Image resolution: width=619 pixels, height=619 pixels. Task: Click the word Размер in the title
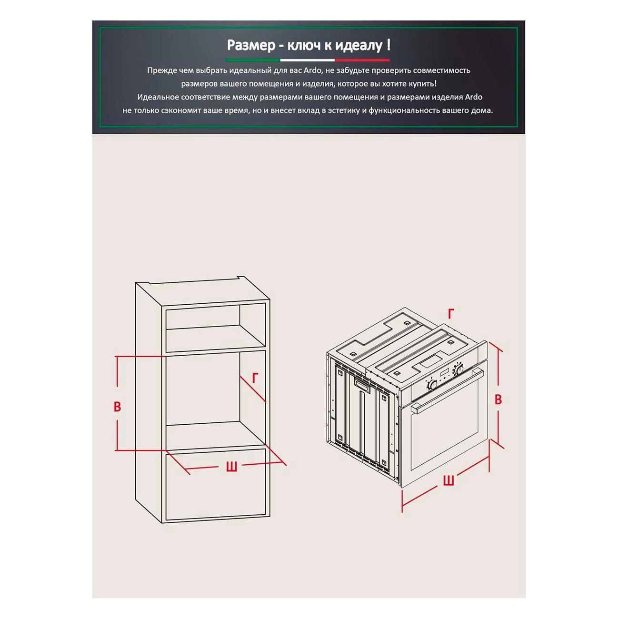click(251, 45)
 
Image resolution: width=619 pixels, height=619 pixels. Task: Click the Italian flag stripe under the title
click(307, 60)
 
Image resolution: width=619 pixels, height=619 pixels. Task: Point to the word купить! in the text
click(423, 84)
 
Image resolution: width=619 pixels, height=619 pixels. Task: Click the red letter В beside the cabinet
click(118, 407)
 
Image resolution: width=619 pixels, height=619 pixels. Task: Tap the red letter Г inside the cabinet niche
click(256, 378)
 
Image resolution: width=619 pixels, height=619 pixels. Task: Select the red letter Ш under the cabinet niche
click(231, 467)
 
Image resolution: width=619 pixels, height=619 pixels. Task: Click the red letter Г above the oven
click(451, 314)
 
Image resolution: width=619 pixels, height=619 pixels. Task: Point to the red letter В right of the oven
click(498, 399)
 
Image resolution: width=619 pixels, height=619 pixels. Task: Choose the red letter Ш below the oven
click(448, 480)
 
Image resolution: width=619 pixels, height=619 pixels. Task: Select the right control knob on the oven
click(459, 369)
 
